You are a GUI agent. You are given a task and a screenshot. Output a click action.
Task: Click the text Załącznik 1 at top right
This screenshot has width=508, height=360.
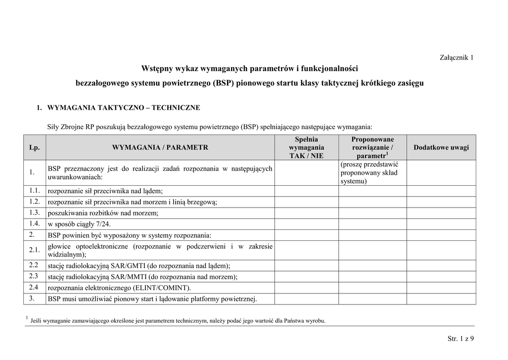(x=456, y=57)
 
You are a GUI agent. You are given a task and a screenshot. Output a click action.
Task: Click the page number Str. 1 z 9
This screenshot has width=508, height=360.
(x=460, y=339)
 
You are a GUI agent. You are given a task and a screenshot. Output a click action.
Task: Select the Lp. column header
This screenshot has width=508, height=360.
(x=34, y=147)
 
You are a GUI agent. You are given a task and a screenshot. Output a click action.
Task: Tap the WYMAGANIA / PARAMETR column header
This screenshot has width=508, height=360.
(x=160, y=147)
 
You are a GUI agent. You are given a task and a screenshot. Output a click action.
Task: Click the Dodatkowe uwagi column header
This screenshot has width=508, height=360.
(x=441, y=147)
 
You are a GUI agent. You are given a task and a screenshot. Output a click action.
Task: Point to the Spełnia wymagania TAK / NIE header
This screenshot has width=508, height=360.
(x=306, y=147)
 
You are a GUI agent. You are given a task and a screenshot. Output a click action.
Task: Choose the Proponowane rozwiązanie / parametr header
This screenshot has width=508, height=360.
(x=373, y=147)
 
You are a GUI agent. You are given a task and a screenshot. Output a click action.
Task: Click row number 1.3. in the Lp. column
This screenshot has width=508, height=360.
(x=34, y=213)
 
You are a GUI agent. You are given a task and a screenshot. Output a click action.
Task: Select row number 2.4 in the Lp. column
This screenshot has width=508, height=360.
(x=34, y=287)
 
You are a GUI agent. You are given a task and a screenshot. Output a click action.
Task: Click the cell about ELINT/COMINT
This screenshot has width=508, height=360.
(x=119, y=288)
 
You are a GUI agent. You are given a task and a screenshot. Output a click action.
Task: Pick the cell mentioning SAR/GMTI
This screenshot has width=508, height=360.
(x=139, y=266)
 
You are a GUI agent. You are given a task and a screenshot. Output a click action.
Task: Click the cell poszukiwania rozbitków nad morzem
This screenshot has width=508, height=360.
(x=103, y=213)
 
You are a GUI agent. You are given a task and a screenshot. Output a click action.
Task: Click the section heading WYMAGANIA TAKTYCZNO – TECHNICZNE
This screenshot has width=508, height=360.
(x=124, y=107)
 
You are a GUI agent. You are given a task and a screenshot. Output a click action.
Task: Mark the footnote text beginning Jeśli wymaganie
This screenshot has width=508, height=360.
(x=179, y=321)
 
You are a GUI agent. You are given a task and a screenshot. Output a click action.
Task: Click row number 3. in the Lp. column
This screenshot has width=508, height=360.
(x=32, y=298)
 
